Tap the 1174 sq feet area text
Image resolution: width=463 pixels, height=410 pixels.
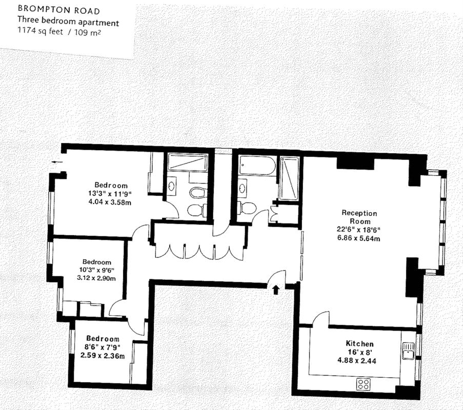pyautogui.click(x=41, y=31)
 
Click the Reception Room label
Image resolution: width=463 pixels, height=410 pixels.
pyautogui.click(x=359, y=217)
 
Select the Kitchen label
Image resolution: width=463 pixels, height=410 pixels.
pyautogui.click(x=359, y=343)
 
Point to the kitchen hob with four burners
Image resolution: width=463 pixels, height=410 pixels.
pyautogui.click(x=363, y=384)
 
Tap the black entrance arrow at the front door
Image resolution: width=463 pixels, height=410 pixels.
pyautogui.click(x=276, y=290)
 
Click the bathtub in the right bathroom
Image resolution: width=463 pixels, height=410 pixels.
pyautogui.click(x=257, y=166)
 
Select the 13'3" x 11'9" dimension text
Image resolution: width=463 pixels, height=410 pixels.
pyautogui.click(x=110, y=194)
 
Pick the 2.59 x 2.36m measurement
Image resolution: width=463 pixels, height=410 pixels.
pyautogui.click(x=103, y=356)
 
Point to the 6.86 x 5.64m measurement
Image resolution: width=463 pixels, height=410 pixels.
pyautogui.click(x=359, y=238)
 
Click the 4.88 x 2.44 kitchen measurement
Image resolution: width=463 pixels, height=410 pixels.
pyautogui.click(x=357, y=360)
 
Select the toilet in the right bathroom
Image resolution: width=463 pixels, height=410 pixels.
pyautogui.click(x=247, y=208)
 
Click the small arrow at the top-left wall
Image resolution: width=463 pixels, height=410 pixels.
pyautogui.click(x=57, y=162)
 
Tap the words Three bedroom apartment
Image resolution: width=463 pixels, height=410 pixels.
pyautogui.click(x=68, y=20)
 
